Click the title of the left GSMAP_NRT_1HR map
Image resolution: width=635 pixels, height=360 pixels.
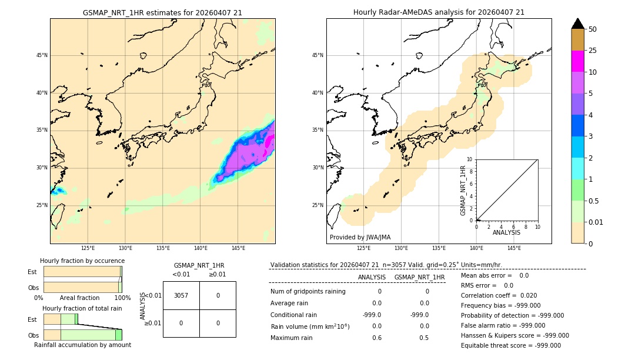162,12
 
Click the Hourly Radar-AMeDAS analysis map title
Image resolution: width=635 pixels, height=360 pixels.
439,12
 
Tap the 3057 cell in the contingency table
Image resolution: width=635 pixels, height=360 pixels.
181,295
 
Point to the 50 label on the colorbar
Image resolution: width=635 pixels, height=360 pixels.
593,29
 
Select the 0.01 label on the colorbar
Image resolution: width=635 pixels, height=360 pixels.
596,222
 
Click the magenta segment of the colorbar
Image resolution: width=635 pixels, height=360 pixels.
577,61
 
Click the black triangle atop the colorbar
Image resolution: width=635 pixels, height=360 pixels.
577,24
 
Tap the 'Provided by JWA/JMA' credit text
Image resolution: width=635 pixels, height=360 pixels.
360,237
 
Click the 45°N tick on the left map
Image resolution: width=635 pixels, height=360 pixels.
42,55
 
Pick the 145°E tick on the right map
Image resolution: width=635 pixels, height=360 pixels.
514,248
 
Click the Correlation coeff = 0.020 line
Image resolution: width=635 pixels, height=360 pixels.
499,295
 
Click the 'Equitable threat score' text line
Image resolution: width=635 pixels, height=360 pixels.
510,345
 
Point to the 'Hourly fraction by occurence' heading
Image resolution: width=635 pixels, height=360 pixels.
82,261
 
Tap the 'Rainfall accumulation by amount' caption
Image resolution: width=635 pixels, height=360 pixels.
82,345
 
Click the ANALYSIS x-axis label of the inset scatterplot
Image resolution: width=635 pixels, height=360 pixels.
506,233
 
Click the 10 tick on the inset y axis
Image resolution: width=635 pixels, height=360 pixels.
470,159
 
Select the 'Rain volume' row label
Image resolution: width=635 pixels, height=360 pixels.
310,326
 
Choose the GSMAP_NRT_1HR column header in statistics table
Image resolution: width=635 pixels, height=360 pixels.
419,277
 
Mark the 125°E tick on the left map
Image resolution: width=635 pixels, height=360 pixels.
88,248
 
